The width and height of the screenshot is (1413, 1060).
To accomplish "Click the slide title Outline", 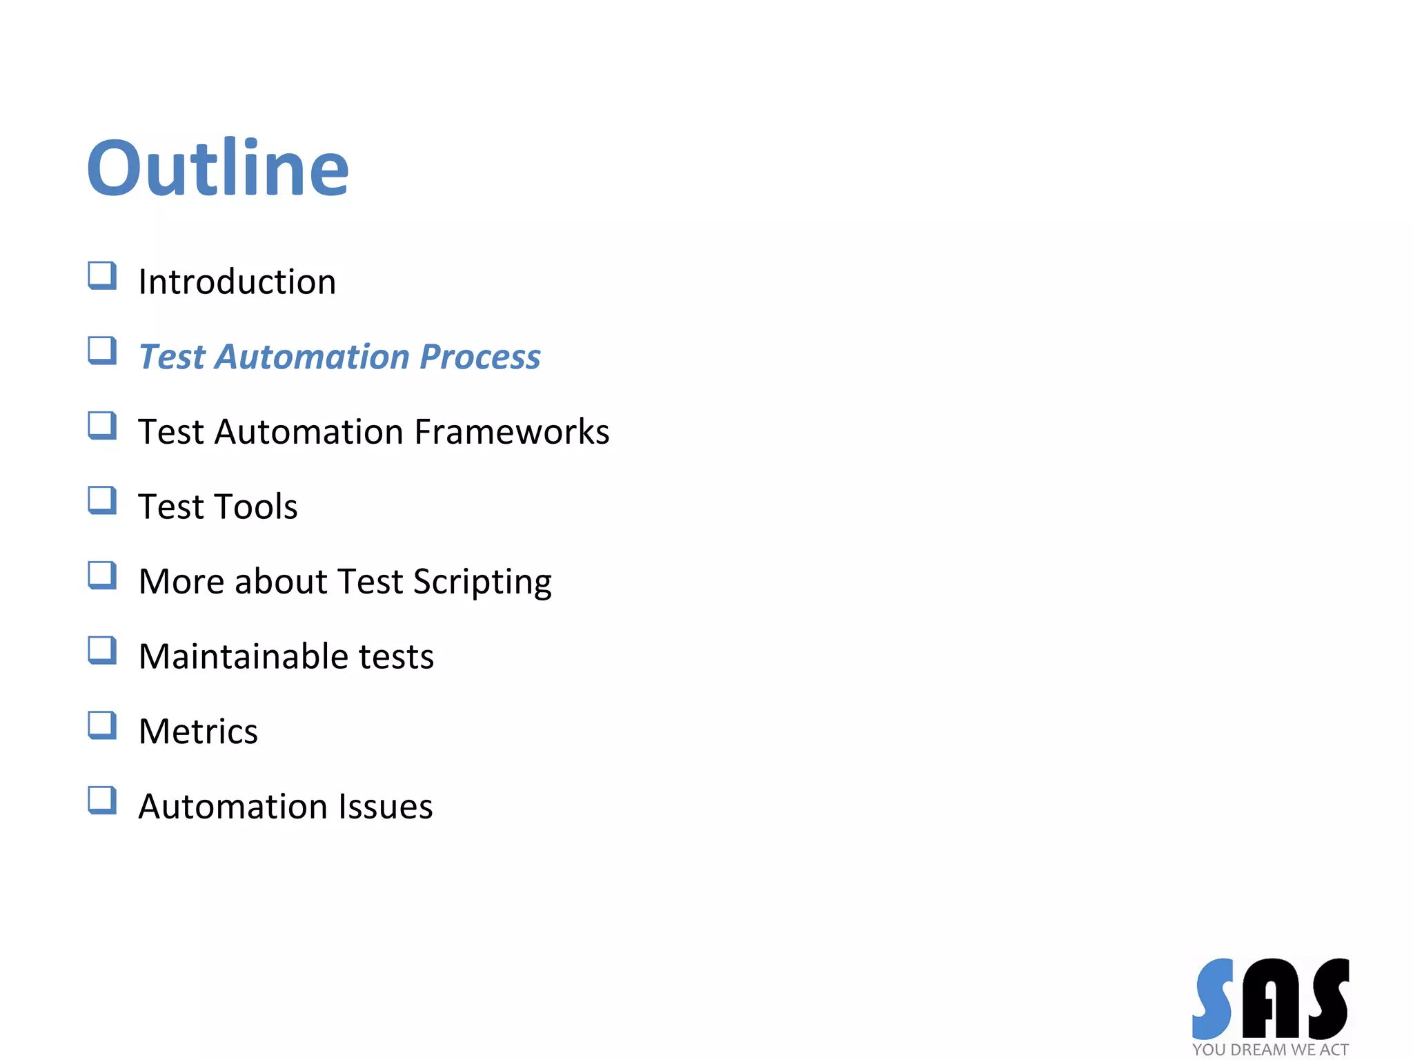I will tap(218, 168).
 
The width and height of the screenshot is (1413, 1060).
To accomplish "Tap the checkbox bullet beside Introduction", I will tap(102, 276).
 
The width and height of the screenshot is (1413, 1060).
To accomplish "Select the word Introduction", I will tap(237, 282).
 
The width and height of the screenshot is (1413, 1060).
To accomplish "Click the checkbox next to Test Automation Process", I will tap(102, 351).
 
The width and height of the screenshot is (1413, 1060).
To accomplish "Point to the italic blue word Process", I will tap(480, 357).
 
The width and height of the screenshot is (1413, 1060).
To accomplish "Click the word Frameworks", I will tap(512, 432).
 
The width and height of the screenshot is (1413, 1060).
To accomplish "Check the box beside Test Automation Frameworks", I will tap(102, 426).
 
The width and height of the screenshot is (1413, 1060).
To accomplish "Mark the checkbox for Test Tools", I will tap(102, 501).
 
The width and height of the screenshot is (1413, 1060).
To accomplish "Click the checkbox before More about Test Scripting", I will tap(102, 576).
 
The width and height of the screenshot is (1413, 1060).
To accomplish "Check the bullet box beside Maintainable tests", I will tap(102, 651).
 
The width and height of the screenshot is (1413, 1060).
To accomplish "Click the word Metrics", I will tap(198, 732).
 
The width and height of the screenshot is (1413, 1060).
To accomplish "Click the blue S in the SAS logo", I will tap(1214, 998).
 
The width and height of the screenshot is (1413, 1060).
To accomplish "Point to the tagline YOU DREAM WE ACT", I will tap(1270, 1050).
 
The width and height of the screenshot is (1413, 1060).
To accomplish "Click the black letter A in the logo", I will tap(1271, 999).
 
